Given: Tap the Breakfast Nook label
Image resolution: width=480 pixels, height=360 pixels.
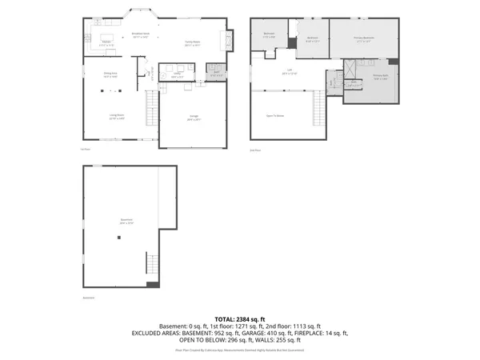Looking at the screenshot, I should coord(141,35).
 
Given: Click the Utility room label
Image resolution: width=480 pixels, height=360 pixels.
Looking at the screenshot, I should coord(180,75).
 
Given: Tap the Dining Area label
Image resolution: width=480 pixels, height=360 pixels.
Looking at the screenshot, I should coord(110,75).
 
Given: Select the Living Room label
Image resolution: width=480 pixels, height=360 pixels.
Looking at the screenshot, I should coord(116,117).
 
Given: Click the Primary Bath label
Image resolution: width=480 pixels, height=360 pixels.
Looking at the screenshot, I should coord(380,78).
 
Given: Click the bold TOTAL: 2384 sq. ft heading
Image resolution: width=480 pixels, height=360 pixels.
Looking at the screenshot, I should coord(239,318).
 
